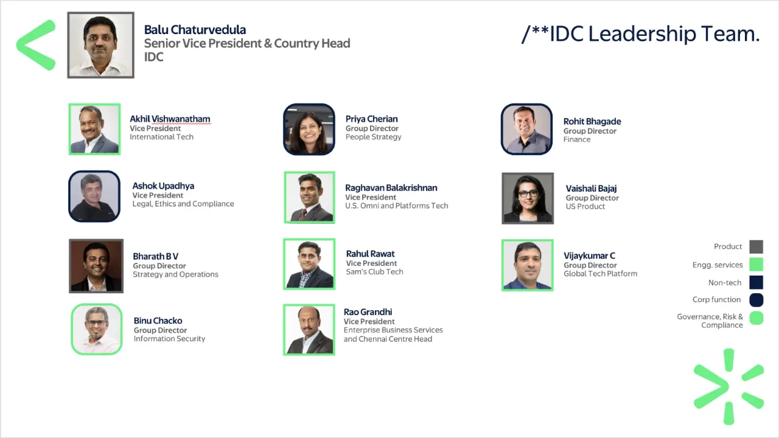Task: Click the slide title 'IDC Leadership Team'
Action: (x=641, y=34)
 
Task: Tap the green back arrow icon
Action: (x=37, y=45)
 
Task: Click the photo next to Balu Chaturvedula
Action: (x=100, y=45)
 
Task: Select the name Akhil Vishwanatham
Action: (x=170, y=119)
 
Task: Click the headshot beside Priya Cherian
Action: (x=309, y=130)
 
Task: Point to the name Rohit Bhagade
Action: (x=592, y=122)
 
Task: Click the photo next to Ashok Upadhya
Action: (x=94, y=196)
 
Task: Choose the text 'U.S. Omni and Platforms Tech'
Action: (x=396, y=206)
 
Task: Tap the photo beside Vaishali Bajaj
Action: (x=528, y=198)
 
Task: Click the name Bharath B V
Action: (x=155, y=257)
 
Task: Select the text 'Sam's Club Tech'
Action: (x=374, y=272)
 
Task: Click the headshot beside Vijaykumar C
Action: (x=528, y=265)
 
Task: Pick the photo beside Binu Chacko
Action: (x=97, y=329)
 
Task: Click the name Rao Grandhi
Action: (x=368, y=312)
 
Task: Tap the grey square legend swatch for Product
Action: (x=756, y=246)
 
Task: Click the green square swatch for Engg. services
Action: (x=756, y=265)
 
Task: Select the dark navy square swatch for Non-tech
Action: (x=756, y=282)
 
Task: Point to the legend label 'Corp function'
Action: (x=716, y=300)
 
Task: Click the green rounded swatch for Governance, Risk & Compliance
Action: (x=756, y=318)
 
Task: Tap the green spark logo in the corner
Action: (x=728, y=387)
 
